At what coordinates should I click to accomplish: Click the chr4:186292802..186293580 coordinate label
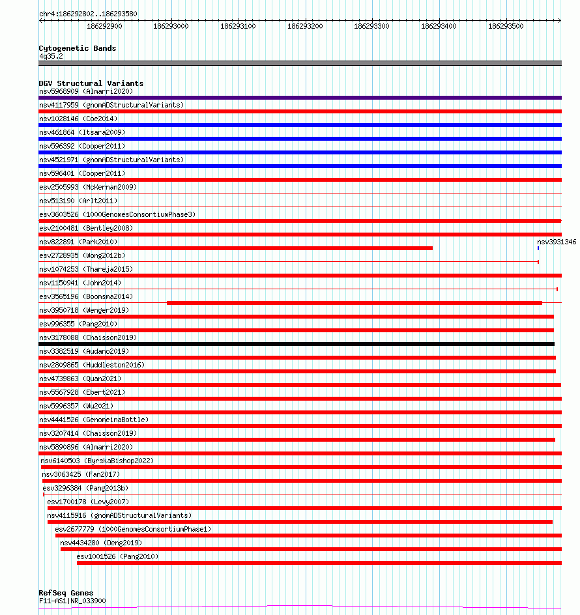81,14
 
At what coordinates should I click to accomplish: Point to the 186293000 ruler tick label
171,27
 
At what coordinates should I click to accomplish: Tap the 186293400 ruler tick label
439,27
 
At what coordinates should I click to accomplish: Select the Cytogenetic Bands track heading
78,48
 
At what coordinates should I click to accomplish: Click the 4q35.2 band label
51,57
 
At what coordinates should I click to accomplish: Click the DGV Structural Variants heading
91,83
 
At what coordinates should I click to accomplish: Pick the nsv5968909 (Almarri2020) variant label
86,91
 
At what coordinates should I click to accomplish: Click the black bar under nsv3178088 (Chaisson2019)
297,343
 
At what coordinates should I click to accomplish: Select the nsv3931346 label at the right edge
557,242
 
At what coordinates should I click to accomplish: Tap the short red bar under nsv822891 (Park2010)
236,248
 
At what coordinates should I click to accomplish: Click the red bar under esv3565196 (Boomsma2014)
354,303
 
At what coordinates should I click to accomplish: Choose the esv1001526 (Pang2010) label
117,556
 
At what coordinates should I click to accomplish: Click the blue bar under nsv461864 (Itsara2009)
300,139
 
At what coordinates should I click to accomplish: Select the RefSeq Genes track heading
66,593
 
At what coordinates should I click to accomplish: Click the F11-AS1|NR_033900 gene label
72,601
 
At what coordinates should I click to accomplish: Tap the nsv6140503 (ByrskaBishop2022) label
97,461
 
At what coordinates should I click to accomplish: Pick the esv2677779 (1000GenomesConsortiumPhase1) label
133,529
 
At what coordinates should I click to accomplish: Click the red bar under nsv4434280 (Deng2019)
311,549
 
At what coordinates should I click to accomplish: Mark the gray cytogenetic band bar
300,63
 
